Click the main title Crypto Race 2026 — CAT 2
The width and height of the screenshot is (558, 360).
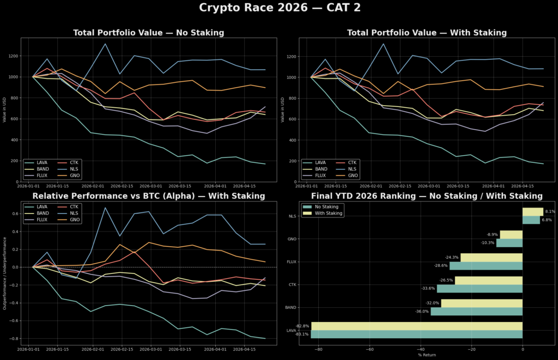[279, 8]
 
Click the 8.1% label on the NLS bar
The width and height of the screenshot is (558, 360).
[550, 212]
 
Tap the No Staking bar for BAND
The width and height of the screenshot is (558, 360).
[476, 312]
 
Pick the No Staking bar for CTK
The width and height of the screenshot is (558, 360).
[480, 289]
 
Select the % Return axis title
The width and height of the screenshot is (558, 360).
[427, 355]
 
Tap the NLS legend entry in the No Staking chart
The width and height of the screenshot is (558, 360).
[76, 169]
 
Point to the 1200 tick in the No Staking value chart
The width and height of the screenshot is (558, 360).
[13, 56]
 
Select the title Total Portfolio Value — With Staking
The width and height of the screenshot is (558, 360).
[427, 33]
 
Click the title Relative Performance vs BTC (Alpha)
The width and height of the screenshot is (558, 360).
[149, 196]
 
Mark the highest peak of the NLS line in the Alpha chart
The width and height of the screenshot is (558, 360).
[105, 208]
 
